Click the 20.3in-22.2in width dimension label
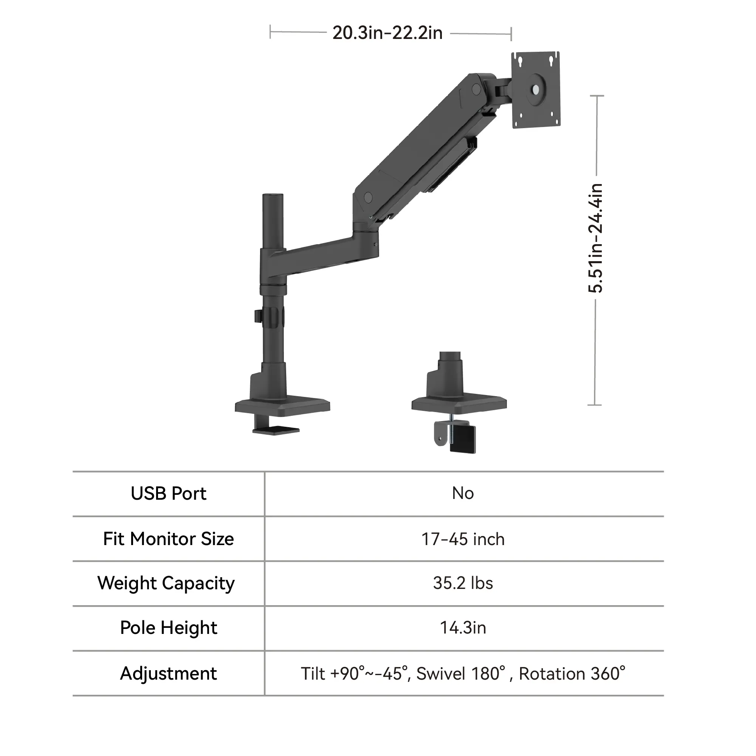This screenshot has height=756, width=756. (388, 33)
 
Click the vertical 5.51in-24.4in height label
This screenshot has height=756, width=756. (596, 238)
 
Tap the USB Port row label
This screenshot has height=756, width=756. (168, 494)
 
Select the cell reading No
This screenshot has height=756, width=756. (463, 494)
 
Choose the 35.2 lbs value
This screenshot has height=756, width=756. (463, 583)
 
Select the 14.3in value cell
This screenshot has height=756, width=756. (463, 628)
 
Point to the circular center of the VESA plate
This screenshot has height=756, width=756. (535, 90)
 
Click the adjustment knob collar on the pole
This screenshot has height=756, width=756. (272, 316)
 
